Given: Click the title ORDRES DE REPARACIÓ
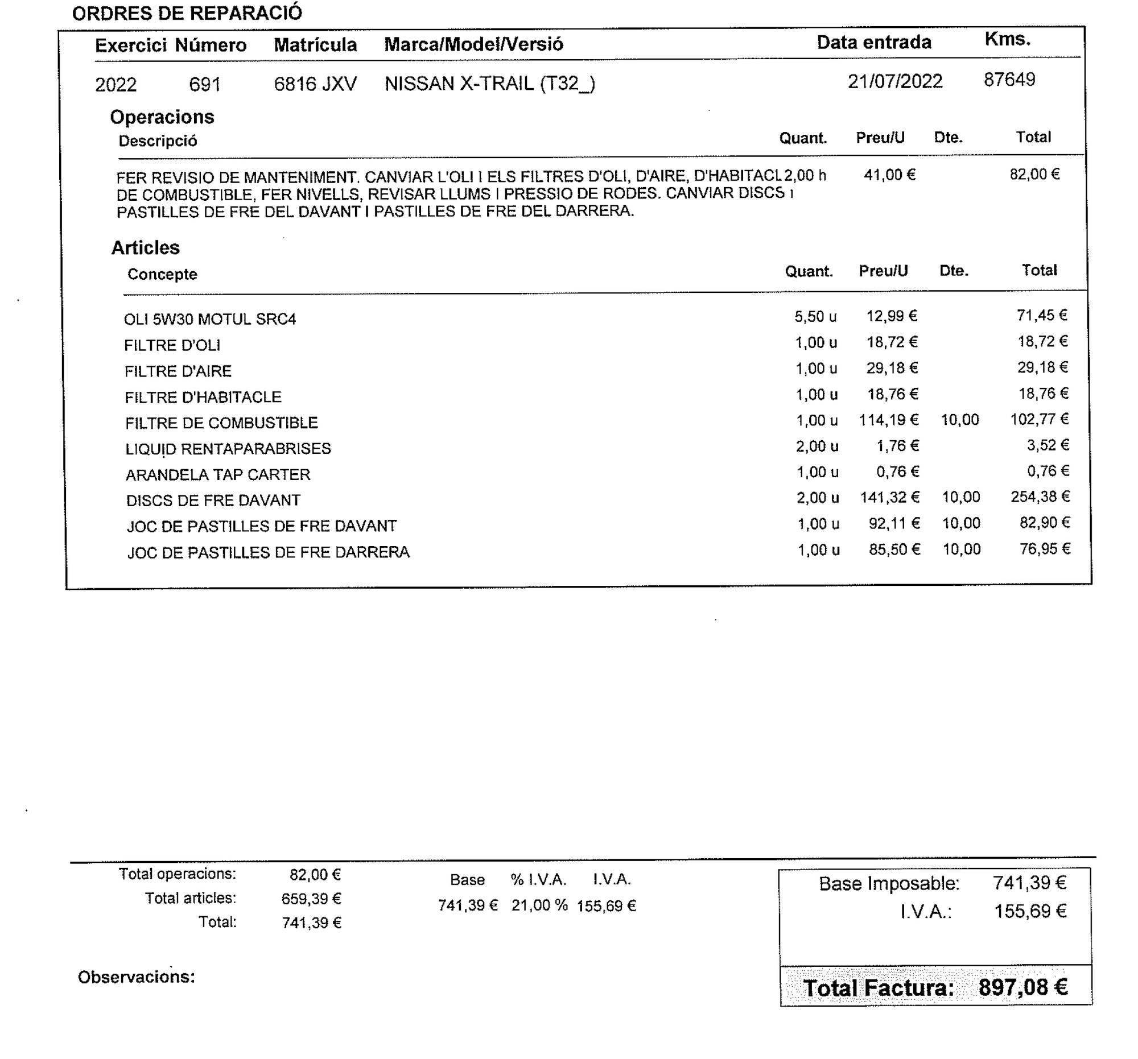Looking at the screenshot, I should (187, 13).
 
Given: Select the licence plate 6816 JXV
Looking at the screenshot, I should (315, 84).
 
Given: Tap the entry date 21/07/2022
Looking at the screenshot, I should (894, 81).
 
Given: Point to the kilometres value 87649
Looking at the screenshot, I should (1009, 80).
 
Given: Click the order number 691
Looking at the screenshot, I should (204, 85).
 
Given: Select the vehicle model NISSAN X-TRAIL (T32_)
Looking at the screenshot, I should (489, 84).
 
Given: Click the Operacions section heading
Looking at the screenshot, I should (162, 117).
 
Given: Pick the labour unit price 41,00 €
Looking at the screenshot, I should (889, 175).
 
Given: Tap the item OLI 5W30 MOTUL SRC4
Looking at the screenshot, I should (209, 319).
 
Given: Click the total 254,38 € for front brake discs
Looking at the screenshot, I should (1040, 497).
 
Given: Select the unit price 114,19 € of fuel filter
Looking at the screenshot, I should (888, 420).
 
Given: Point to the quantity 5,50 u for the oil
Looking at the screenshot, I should (815, 316).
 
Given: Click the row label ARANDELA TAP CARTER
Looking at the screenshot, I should (217, 475).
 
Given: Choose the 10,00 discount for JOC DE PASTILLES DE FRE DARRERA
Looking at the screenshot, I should (962, 549).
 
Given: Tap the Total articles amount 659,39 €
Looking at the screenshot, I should (311, 899).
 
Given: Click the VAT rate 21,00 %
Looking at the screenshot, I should (539, 905).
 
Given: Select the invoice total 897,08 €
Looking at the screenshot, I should (1022, 987).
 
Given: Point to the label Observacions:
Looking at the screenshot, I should (136, 977).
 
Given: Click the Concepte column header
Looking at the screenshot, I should (162, 274).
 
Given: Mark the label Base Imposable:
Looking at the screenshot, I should (888, 883).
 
